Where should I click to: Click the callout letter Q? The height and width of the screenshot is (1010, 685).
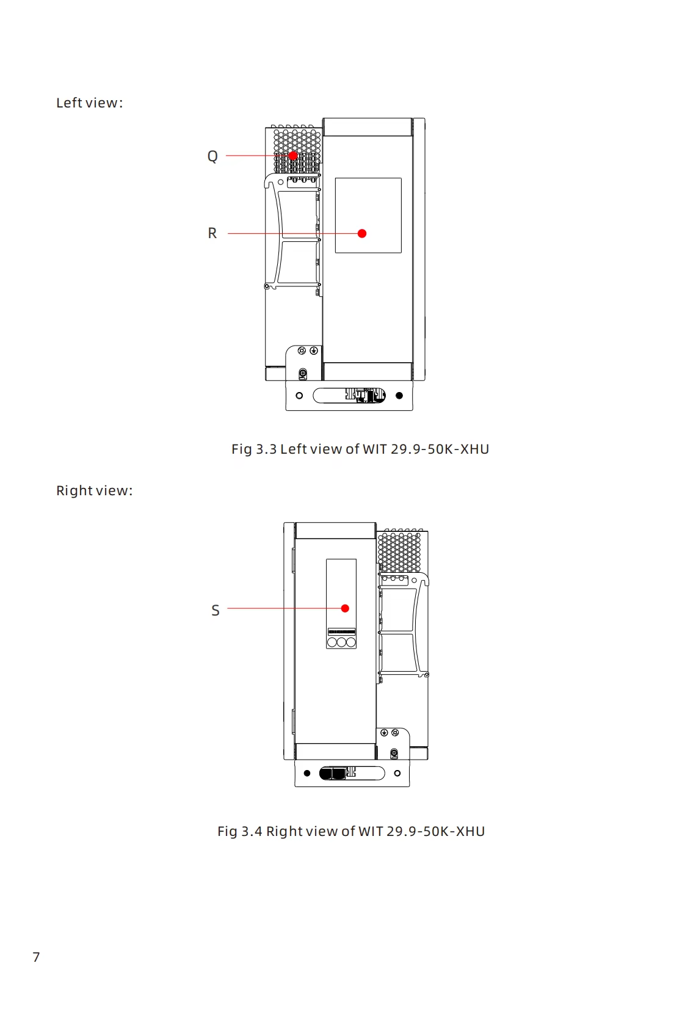coord(212,156)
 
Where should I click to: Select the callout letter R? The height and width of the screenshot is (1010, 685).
coord(212,233)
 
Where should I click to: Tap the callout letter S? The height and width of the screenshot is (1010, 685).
coord(216,610)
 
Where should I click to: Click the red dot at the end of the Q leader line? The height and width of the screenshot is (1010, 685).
coord(293,156)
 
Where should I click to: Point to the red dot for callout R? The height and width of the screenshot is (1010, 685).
coord(362,233)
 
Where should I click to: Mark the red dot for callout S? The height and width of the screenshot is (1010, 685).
coord(345,608)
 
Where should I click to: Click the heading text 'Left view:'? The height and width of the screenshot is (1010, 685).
coord(89,103)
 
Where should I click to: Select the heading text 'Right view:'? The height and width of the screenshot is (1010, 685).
coord(94,490)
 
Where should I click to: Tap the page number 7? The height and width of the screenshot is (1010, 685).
coord(36,957)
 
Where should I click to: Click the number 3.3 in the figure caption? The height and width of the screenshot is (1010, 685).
coord(266,449)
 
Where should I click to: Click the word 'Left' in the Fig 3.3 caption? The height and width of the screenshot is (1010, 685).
coord(293,449)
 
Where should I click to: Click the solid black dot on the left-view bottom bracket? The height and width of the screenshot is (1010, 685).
coord(399,396)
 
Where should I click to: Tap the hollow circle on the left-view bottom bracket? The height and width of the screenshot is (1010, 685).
coord(299,396)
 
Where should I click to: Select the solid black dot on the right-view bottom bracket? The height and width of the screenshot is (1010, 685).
coord(307,773)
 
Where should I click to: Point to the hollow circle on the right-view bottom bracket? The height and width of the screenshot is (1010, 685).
coord(397,773)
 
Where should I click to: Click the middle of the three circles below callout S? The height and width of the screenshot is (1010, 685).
coord(341,642)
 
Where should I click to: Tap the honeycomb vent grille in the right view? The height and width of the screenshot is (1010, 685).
coord(400,551)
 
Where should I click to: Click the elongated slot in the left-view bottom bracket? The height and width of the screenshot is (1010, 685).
coord(330,396)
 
